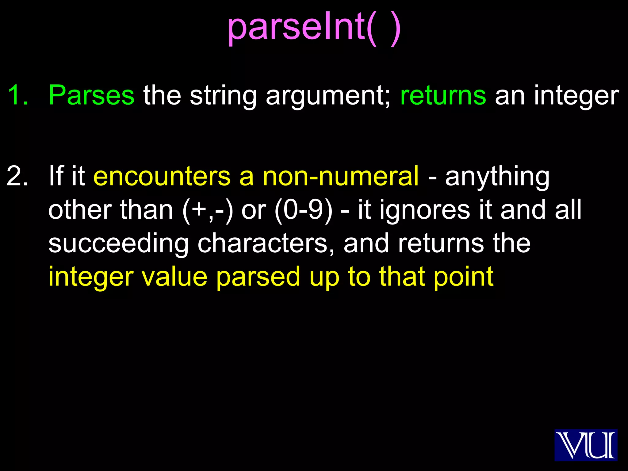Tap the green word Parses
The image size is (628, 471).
coord(91,96)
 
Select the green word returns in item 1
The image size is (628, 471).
coord(443,96)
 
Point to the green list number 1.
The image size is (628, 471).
coord(18,96)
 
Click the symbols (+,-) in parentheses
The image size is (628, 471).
coord(208,210)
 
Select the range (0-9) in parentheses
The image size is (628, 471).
coord(303,210)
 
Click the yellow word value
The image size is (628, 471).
coord(174,277)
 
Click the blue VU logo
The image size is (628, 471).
coord(586,445)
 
